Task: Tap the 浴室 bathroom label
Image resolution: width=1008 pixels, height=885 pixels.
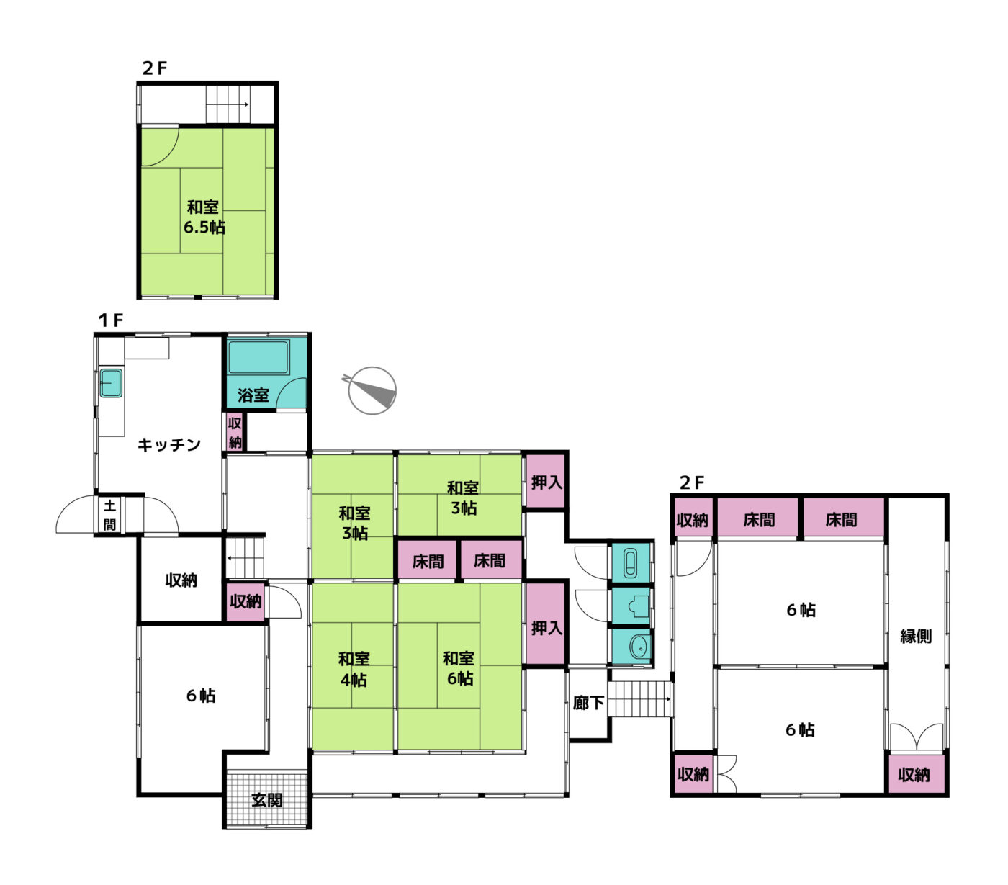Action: (x=253, y=395)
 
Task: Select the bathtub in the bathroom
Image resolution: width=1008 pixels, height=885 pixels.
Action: (x=258, y=356)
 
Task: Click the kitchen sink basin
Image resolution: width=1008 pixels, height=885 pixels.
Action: (x=110, y=383)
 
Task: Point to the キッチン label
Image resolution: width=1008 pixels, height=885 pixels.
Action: (x=168, y=444)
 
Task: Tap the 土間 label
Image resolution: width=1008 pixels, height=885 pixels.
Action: (x=109, y=515)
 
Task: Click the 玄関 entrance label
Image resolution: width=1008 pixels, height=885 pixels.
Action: (x=266, y=800)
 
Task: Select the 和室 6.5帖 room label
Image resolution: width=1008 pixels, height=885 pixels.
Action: (x=204, y=217)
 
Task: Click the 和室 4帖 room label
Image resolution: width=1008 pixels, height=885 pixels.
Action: (x=354, y=669)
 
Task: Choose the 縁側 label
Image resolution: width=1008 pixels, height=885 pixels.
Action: (x=915, y=636)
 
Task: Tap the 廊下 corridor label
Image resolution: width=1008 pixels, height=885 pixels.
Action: (x=588, y=703)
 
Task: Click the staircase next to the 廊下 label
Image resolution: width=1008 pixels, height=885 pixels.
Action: (x=641, y=698)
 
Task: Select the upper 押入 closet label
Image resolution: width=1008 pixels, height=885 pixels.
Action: (x=546, y=482)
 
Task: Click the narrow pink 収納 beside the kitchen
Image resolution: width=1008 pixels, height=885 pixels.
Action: (x=234, y=432)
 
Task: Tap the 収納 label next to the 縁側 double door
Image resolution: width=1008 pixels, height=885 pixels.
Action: (x=914, y=775)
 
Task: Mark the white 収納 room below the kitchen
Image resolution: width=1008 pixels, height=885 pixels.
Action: (x=181, y=580)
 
